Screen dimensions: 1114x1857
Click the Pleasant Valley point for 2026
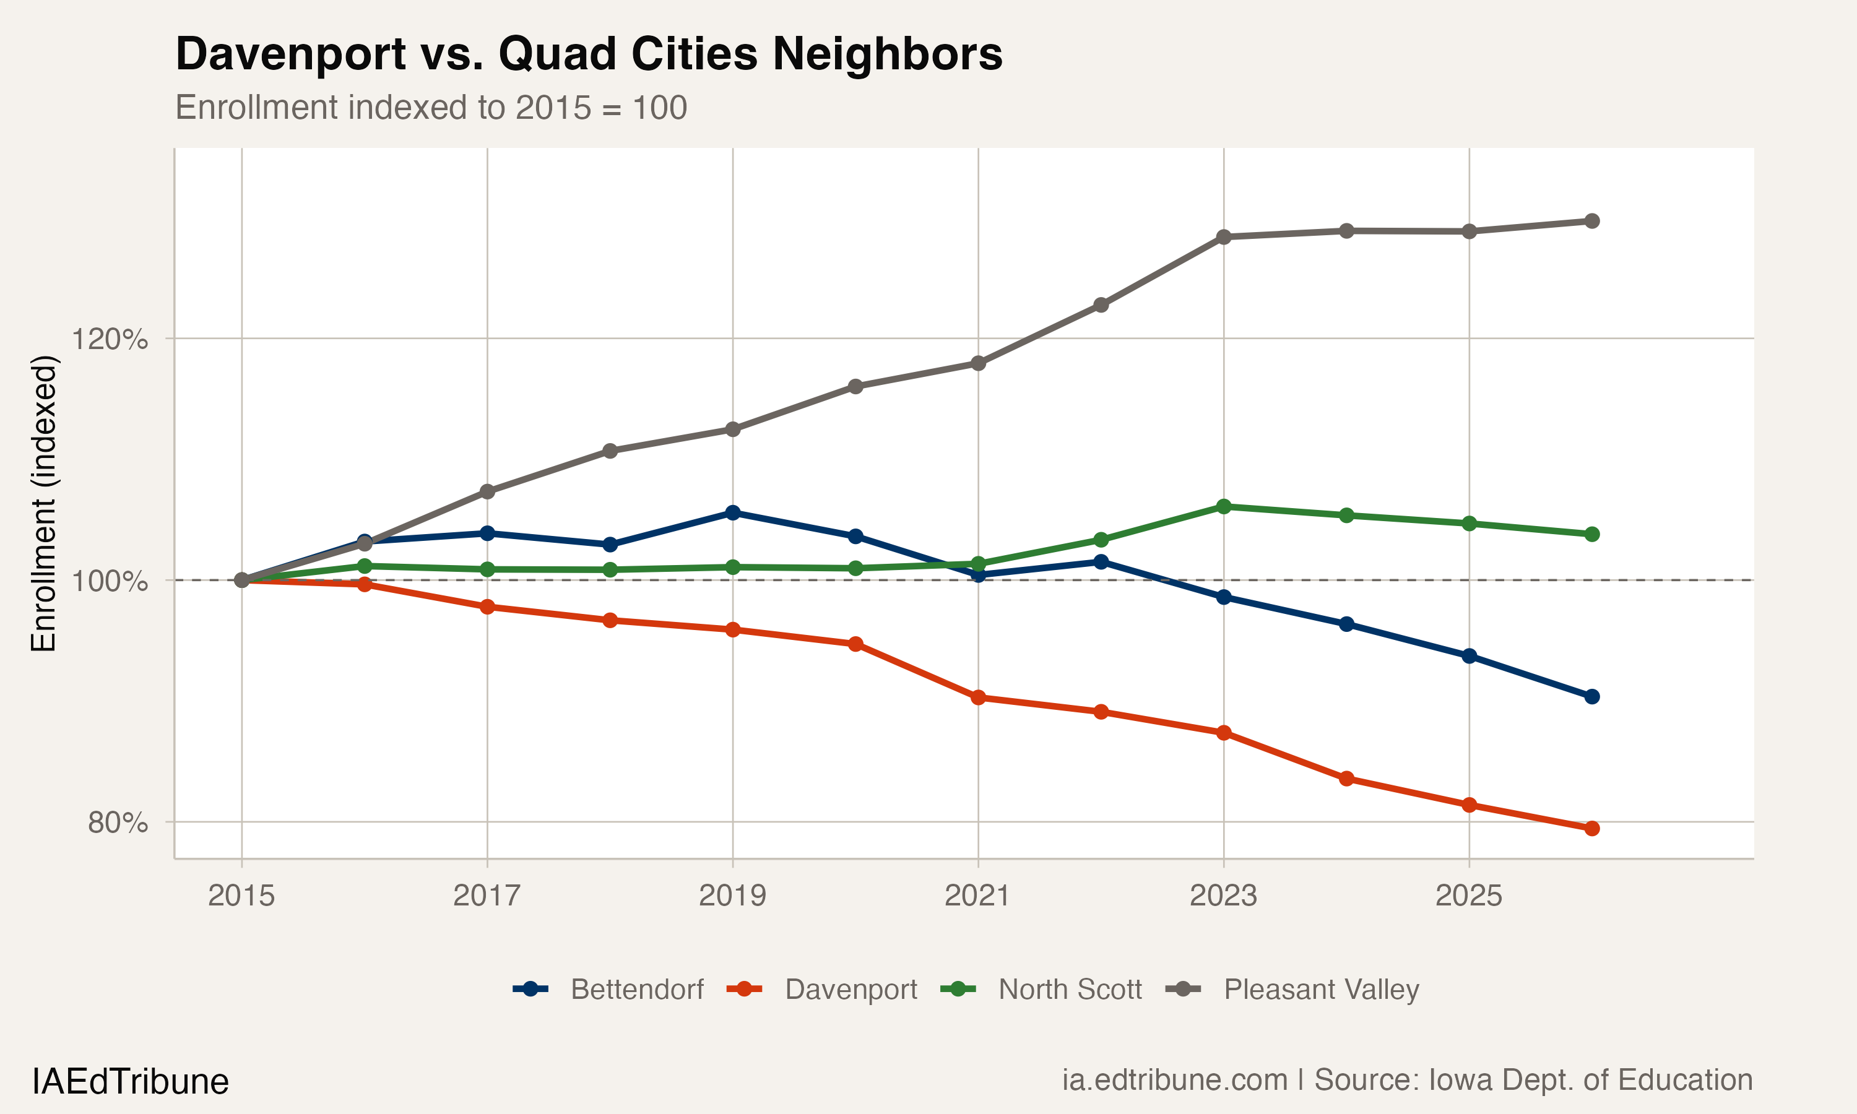pyautogui.click(x=1591, y=221)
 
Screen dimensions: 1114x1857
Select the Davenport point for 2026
pyautogui.click(x=1591, y=829)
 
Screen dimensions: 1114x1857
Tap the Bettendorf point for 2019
pyautogui.click(x=733, y=512)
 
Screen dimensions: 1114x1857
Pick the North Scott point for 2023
pyautogui.click(x=1224, y=507)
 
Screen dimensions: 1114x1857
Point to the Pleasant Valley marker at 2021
pyautogui.click(x=978, y=363)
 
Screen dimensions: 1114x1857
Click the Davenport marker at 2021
pyautogui.click(x=978, y=697)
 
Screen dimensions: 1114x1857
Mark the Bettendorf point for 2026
pyautogui.click(x=1591, y=697)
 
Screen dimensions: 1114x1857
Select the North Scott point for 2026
pyautogui.click(x=1591, y=535)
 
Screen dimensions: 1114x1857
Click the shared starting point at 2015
pyautogui.click(x=241, y=581)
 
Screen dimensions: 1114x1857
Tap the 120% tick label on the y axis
pyautogui.click(x=110, y=339)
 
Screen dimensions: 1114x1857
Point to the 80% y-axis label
pyautogui.click(x=117, y=823)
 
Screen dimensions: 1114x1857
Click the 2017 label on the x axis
pyautogui.click(x=487, y=896)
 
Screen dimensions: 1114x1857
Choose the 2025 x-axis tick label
pyautogui.click(x=1468, y=896)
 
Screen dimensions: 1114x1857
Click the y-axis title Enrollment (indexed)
pyautogui.click(x=43, y=504)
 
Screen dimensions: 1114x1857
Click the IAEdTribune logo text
pyautogui.click(x=131, y=1082)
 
